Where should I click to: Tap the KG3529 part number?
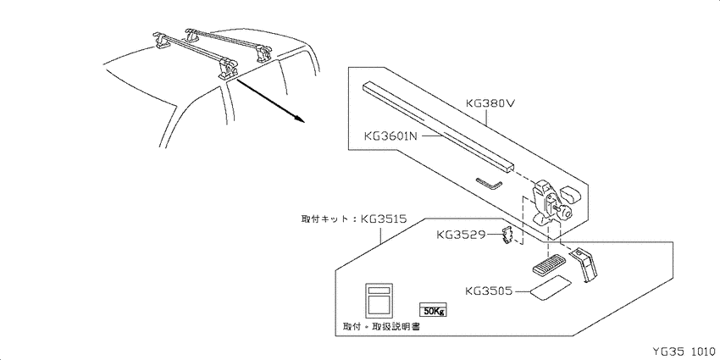461,235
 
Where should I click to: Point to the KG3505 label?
488,291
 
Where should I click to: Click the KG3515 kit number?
384,219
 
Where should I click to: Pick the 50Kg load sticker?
433,310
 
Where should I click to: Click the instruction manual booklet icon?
379,301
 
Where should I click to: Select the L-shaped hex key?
490,183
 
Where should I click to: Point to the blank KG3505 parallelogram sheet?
549,288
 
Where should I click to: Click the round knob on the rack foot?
567,212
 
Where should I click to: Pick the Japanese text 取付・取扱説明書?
381,326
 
